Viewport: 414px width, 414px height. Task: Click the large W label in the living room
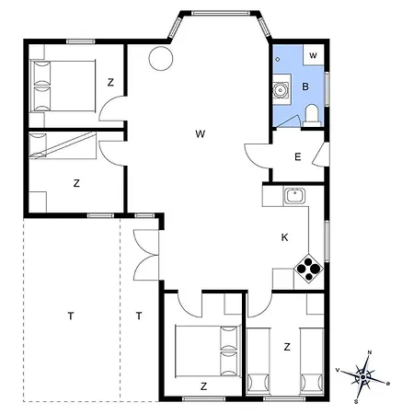coord(200,134)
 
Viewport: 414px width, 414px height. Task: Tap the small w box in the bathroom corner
coord(313,56)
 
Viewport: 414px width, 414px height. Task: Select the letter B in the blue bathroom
coord(305,87)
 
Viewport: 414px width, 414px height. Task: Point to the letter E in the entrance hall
coord(297,157)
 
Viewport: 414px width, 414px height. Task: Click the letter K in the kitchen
coord(285,237)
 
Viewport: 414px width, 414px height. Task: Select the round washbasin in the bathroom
coord(281,90)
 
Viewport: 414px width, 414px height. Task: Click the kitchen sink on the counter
coord(295,196)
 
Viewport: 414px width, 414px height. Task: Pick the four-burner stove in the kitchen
coord(307,270)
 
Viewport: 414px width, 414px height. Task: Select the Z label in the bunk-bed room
coord(76,183)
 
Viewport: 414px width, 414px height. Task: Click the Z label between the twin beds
coord(287,347)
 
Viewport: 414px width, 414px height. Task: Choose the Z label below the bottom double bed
coord(202,385)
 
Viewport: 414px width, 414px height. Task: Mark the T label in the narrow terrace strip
coord(139,316)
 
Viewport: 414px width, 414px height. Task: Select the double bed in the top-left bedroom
coord(63,84)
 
